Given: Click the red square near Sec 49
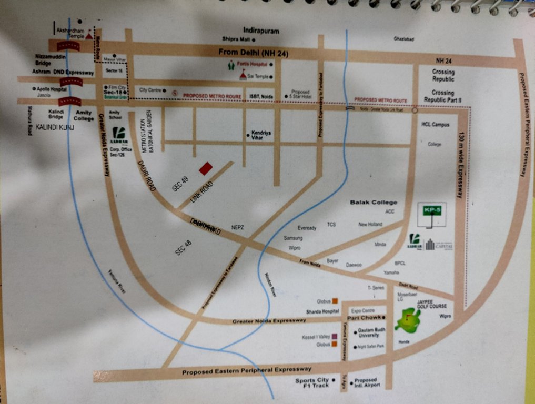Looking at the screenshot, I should (x=206, y=168).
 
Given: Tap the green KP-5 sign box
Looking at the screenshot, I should (x=431, y=211).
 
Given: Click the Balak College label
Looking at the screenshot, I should (x=374, y=203).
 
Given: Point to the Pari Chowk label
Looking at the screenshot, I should (x=363, y=318).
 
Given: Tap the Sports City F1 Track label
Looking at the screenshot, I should (x=312, y=382).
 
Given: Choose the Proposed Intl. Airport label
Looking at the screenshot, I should (x=365, y=382).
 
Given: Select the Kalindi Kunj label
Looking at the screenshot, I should (x=55, y=128).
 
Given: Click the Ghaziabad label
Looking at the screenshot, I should (x=404, y=39).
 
